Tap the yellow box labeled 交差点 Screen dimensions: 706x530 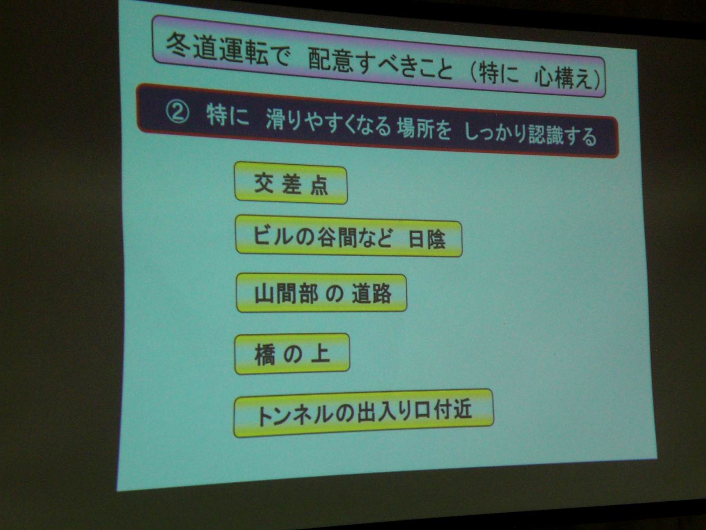291,185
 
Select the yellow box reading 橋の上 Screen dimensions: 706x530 292,354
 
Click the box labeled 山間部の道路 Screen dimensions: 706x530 322,293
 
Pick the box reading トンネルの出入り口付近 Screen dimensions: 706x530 364,413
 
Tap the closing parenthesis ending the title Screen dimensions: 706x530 597,79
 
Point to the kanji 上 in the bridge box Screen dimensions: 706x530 320,353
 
